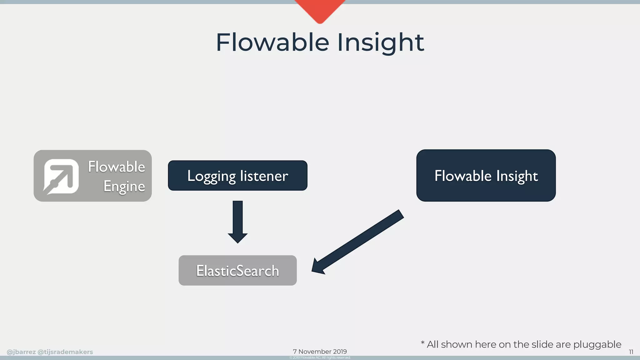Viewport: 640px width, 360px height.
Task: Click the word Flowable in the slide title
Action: (x=272, y=42)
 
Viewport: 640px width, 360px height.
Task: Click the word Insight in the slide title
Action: (x=380, y=42)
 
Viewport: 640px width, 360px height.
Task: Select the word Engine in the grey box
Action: (x=124, y=187)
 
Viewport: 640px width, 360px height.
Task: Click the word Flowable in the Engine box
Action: (x=116, y=167)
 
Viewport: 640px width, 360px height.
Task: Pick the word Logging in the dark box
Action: (x=211, y=176)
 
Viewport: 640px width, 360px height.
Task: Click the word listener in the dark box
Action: (x=264, y=176)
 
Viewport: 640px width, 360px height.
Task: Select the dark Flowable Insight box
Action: (x=486, y=176)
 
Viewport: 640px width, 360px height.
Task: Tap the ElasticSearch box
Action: (x=237, y=270)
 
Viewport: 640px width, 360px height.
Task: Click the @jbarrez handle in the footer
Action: (x=21, y=352)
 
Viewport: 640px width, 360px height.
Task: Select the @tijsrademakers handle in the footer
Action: (x=65, y=352)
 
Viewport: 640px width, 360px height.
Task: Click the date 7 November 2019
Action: (x=320, y=352)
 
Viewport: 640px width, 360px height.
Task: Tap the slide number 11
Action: (x=631, y=352)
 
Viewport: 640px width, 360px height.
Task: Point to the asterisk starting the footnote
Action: (x=422, y=343)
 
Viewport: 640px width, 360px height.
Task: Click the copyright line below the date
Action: (x=320, y=357)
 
